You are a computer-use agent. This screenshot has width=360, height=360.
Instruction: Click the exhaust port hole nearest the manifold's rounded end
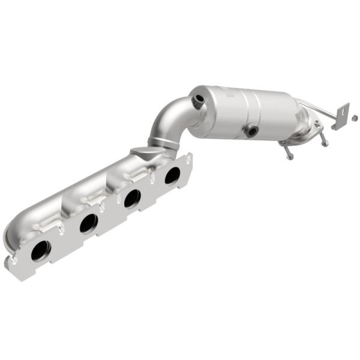click(x=40, y=250)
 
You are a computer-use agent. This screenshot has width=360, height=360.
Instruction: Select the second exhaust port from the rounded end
click(x=88, y=223)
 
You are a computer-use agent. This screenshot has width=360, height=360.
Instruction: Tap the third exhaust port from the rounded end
click(x=132, y=197)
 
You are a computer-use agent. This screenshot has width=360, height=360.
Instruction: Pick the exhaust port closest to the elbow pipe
click(x=172, y=175)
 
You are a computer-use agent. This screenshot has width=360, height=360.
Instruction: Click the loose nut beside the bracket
click(x=355, y=113)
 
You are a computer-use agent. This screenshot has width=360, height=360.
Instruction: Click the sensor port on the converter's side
click(x=251, y=129)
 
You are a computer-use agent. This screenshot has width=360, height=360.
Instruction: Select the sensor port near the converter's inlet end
click(x=196, y=102)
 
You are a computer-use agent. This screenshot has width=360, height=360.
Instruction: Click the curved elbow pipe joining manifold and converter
click(x=170, y=123)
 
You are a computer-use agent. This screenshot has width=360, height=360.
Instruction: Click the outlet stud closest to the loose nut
click(x=325, y=140)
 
